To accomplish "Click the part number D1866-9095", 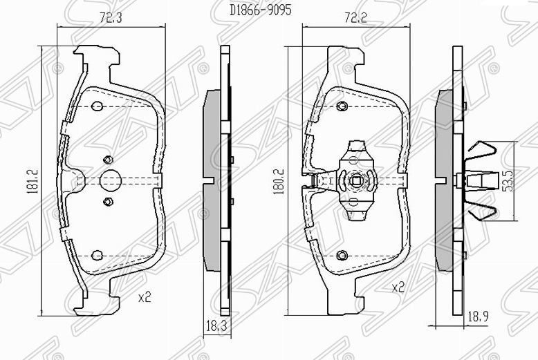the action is pyautogui.click(x=261, y=10).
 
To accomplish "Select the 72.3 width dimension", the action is pyautogui.click(x=111, y=17).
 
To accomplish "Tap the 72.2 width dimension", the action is pyautogui.click(x=355, y=17).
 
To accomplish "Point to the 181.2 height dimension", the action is pyautogui.click(x=33, y=181).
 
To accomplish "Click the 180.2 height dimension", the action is pyautogui.click(x=278, y=182).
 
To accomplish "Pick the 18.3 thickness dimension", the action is pyautogui.click(x=216, y=325).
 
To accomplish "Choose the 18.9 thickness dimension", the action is pyautogui.click(x=478, y=316).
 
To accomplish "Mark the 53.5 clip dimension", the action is pyautogui.click(x=507, y=181).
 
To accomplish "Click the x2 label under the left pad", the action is pyautogui.click(x=145, y=297).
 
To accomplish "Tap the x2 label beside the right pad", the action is pyautogui.click(x=398, y=287).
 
